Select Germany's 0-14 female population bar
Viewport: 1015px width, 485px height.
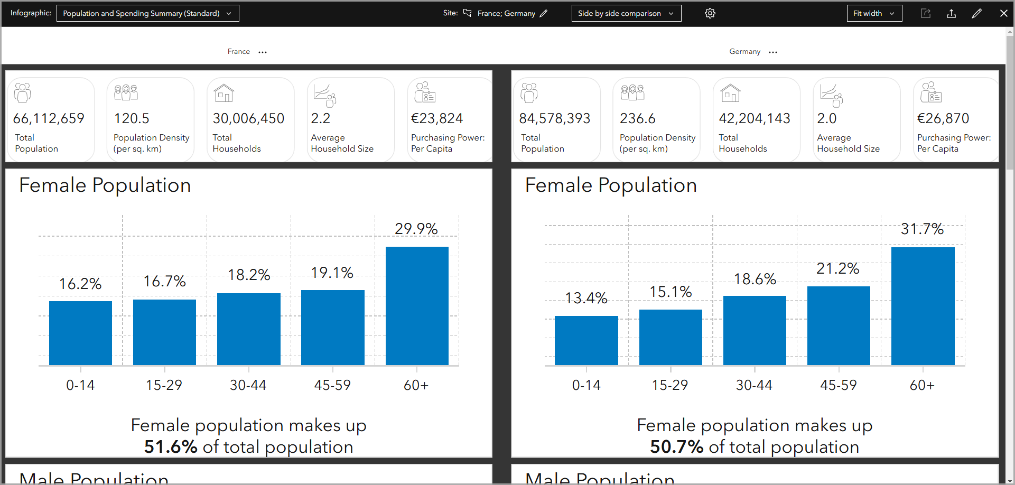click(586, 340)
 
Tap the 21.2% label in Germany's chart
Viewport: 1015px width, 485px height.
click(838, 268)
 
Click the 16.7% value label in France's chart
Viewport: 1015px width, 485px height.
click(164, 281)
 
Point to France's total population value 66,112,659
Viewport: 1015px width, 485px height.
click(49, 118)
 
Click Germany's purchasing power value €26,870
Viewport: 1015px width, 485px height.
click(943, 118)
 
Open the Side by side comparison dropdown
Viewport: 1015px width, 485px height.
click(626, 13)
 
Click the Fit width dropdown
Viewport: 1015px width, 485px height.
click(873, 13)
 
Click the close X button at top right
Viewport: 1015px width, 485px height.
click(1003, 13)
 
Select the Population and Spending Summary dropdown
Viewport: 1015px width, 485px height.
click(147, 13)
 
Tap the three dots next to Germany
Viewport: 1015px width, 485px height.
click(773, 52)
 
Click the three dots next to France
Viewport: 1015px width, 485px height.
click(263, 52)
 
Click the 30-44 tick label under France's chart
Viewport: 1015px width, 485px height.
click(248, 385)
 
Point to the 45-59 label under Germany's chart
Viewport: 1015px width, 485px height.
click(838, 385)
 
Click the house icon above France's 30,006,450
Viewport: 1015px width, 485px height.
click(224, 93)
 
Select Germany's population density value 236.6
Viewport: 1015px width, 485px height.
click(638, 118)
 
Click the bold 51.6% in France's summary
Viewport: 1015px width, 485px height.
click(171, 447)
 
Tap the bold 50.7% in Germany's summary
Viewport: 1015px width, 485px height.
click(676, 447)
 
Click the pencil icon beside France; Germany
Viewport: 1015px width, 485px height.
click(544, 13)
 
